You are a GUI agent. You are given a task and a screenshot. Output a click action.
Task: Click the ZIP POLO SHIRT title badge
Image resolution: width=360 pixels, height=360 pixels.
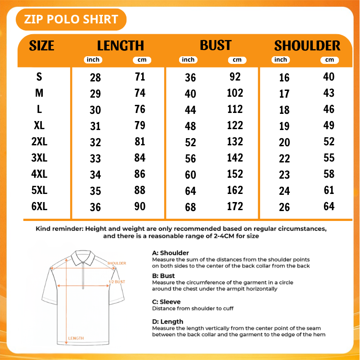pos(71,19)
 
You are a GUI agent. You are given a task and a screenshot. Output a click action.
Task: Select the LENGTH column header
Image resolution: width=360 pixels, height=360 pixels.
pos(121,45)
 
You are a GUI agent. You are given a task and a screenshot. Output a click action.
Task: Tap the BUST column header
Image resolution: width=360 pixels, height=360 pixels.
pos(216,45)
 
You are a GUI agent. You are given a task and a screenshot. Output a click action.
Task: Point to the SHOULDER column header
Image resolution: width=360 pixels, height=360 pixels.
pos(307,45)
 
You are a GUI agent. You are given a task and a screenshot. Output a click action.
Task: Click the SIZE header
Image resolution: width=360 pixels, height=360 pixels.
pos(41,45)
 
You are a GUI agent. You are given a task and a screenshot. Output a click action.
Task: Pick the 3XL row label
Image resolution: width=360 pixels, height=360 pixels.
pos(39,158)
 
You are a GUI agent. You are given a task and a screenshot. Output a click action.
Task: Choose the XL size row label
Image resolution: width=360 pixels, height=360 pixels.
pos(39,126)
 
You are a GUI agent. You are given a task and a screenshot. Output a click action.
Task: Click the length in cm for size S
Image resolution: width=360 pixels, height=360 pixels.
pos(140,76)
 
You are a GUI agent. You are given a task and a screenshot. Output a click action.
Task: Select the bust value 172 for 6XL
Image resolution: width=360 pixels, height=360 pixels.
pos(235,206)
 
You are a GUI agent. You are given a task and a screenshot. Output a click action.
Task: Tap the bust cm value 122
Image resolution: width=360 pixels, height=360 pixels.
pos(235,126)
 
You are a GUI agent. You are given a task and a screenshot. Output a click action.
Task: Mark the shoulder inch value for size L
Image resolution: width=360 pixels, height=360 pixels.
pos(284,110)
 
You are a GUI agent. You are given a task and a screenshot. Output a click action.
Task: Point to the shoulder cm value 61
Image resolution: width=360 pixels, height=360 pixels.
pos(329,190)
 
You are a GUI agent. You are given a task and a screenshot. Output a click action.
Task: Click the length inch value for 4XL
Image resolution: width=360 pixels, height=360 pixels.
pos(95,175)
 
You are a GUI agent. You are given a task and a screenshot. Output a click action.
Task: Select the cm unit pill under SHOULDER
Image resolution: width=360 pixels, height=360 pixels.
pos(329,60)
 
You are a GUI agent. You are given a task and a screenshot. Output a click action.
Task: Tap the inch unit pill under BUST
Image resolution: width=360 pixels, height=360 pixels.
pos(188,60)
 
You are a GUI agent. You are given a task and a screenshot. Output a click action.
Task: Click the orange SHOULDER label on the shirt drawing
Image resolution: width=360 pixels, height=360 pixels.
pos(117,263)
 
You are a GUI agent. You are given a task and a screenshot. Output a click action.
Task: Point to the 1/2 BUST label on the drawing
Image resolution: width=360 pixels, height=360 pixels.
pos(117,282)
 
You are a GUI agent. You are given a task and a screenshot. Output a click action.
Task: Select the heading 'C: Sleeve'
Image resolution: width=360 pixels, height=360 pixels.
pos(166,301)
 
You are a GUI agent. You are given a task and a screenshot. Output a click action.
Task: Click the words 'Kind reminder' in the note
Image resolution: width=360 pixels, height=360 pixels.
pos(59,229)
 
